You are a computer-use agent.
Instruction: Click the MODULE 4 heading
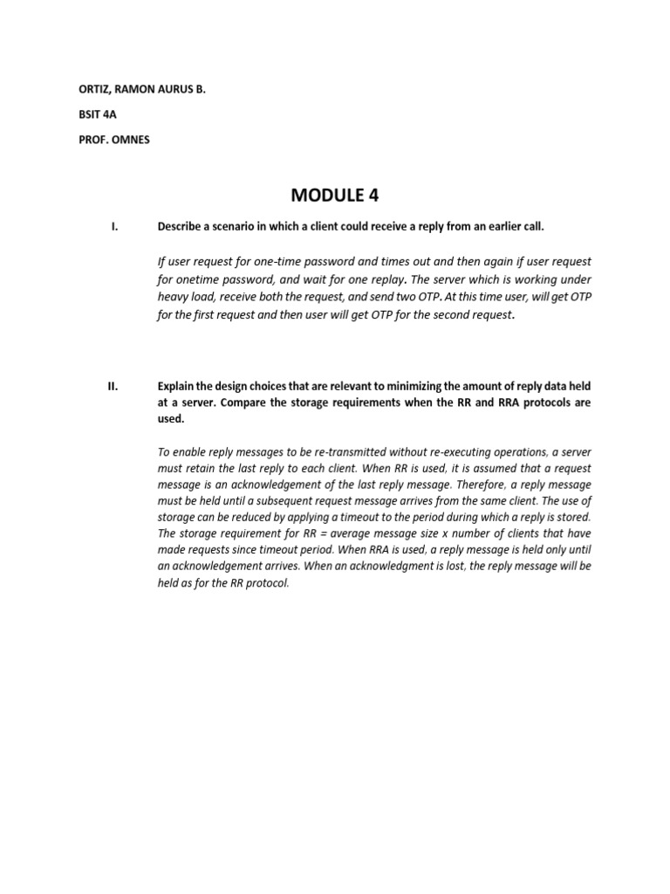click(x=335, y=194)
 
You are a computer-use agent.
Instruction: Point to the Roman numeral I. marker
click(x=114, y=227)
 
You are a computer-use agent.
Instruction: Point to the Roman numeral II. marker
click(x=113, y=387)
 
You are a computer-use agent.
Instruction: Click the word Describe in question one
click(x=181, y=227)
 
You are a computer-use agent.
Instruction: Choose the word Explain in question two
click(x=176, y=387)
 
